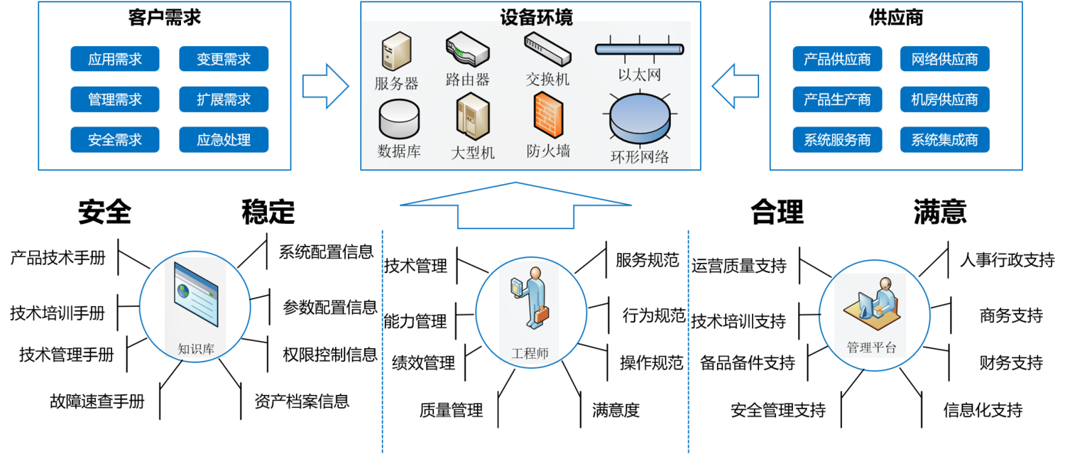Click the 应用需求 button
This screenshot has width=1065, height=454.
point(115,59)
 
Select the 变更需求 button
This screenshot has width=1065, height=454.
point(224,59)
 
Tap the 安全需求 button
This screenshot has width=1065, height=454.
point(115,140)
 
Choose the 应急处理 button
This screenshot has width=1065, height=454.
point(224,140)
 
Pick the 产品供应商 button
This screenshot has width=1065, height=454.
point(837,59)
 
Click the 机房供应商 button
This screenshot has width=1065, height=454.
point(945,99)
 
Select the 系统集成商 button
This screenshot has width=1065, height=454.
point(945,140)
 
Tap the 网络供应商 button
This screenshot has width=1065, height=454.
point(945,59)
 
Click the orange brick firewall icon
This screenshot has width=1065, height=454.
point(547,116)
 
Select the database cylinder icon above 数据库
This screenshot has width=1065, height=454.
point(399,119)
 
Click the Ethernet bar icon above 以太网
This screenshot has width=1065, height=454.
point(639,49)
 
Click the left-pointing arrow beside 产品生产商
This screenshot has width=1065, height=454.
point(736,86)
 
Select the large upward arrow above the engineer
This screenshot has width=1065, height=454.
point(515,205)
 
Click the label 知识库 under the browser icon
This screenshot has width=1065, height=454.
point(195,349)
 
